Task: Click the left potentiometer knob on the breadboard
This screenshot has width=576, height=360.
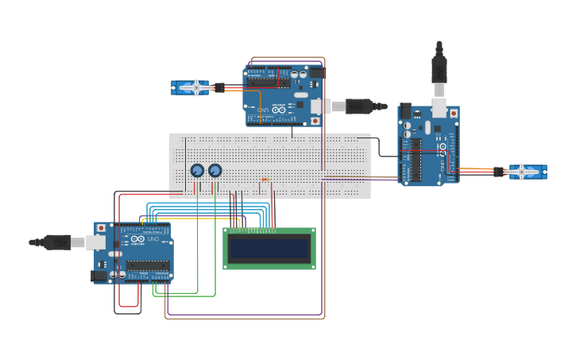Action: pyautogui.click(x=197, y=170)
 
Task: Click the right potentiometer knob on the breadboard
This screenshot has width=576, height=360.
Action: pyautogui.click(x=215, y=170)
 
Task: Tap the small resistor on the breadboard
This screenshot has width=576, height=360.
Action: pyautogui.click(x=265, y=180)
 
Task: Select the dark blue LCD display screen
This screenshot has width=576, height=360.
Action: pyautogui.click(x=269, y=250)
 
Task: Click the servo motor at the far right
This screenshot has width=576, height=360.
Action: pyautogui.click(x=527, y=172)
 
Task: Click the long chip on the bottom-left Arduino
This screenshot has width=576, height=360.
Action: pyautogui.click(x=147, y=265)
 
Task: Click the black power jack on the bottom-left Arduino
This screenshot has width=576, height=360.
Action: pyautogui.click(x=99, y=276)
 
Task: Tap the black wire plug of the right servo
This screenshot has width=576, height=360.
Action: pyautogui.click(x=498, y=171)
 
